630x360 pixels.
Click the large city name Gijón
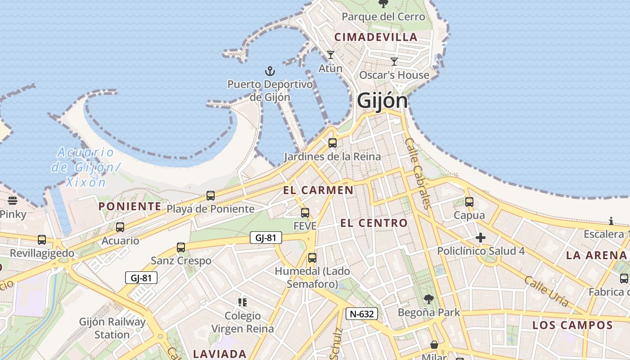382,101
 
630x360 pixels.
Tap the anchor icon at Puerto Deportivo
270,71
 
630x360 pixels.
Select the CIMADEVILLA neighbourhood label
376,37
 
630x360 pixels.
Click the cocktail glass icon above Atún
331,55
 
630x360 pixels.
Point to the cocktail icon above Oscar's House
394,62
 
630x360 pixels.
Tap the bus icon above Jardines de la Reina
333,143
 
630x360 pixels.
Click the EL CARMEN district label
318,190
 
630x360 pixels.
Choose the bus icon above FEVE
305,213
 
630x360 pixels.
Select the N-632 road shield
361,314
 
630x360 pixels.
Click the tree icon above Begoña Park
429,299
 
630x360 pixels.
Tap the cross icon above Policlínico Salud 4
481,238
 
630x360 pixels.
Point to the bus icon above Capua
469,202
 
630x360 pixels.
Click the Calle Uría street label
546,291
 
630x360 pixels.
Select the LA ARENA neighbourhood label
596,255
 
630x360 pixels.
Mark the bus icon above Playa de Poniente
211,196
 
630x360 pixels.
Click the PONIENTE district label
130,206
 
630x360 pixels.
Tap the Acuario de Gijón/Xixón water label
85,167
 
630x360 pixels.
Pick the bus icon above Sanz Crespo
181,247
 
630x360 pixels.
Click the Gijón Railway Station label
112,328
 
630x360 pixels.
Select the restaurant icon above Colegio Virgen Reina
243,302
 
